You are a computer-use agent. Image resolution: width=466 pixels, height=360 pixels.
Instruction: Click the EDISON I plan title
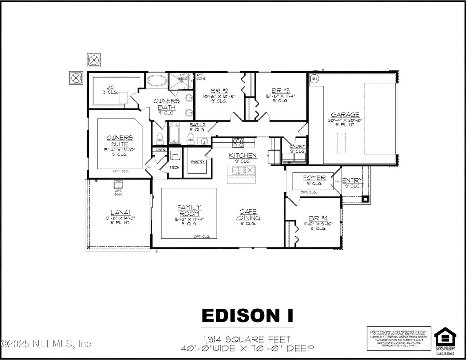tap(248, 316)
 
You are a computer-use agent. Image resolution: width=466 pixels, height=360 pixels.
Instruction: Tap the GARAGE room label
tap(344, 115)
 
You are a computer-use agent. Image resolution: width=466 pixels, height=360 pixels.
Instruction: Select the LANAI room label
tap(121, 213)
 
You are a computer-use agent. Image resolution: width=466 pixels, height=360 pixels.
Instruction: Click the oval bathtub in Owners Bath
tap(157, 80)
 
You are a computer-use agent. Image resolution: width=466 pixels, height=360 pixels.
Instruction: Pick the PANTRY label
tap(197, 162)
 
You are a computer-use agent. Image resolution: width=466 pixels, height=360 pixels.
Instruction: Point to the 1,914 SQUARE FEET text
tap(248, 340)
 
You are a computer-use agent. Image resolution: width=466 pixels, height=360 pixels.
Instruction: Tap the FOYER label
tap(314, 178)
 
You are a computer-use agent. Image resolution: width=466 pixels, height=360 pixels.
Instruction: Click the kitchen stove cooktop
tap(238, 142)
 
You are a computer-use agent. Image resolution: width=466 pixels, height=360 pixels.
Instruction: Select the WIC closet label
tap(110, 87)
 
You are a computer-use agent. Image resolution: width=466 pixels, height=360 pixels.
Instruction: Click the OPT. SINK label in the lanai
tap(118, 193)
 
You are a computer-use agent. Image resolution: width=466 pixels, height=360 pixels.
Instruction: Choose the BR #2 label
tap(219, 91)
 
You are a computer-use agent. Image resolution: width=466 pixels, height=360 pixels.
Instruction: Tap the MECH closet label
tap(175, 167)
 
